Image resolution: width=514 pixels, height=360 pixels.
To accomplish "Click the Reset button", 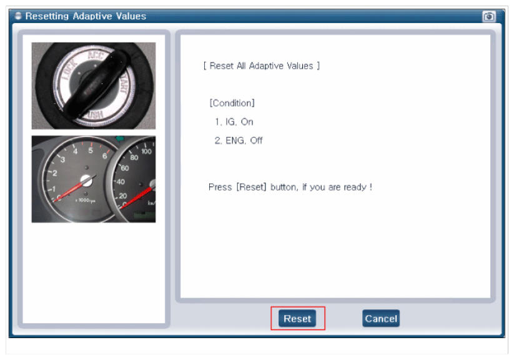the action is (297, 318).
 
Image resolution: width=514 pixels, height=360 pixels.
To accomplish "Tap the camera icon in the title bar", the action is (489, 16).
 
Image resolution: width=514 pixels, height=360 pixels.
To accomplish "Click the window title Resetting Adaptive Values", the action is (86, 16).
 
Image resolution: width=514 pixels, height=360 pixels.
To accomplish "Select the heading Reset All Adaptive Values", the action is (262, 66).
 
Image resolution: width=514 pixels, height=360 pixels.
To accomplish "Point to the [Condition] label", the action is (232, 103).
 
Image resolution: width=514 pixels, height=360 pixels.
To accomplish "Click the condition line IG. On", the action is (234, 122).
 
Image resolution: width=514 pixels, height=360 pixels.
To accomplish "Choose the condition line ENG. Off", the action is (239, 141).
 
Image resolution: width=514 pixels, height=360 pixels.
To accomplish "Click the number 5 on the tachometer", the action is (91, 150).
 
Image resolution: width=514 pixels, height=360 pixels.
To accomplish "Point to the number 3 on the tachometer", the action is (62, 159).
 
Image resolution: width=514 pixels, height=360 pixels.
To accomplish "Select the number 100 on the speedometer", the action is (146, 151).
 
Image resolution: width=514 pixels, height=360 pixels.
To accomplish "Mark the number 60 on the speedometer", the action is (125, 168).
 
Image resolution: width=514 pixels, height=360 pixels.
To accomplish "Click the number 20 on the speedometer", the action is (122, 196).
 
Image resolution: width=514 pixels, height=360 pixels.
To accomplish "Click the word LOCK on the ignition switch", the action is (70, 69).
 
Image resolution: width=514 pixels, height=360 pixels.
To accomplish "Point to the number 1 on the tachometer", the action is (54, 189).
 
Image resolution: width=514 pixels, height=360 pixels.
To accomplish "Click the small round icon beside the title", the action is (18, 16).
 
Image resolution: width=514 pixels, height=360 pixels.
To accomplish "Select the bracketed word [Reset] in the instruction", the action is (252, 187).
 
